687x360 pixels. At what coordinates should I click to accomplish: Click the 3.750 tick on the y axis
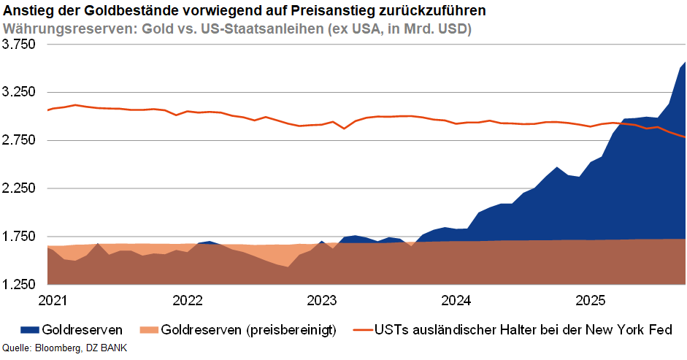(x=19, y=45)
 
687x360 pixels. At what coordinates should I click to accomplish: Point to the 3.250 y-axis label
(x=19, y=93)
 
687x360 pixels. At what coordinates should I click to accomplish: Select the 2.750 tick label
(x=19, y=140)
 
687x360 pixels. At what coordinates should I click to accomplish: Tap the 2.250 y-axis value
(x=19, y=188)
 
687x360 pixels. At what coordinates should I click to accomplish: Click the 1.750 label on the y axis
(x=19, y=237)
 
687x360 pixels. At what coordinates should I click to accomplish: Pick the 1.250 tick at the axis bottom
(x=19, y=284)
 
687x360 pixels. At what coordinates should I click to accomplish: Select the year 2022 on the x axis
(x=188, y=299)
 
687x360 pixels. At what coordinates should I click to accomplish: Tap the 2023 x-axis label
(x=322, y=299)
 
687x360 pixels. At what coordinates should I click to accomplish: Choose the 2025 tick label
(x=591, y=299)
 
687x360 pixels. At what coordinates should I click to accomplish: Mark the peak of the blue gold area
(x=684, y=63)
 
